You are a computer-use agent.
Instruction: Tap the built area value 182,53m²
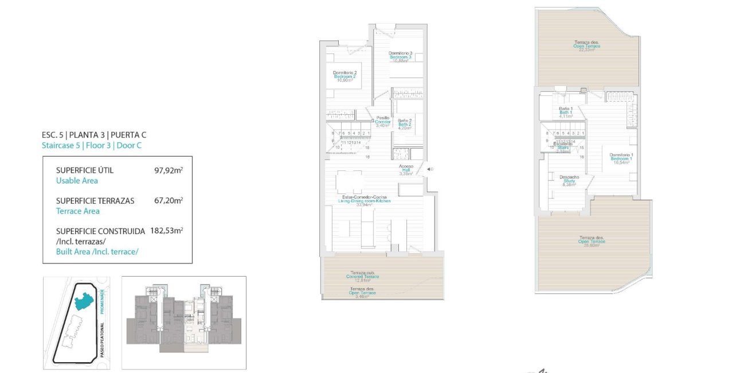166,231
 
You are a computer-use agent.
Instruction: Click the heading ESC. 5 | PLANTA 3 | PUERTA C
94,135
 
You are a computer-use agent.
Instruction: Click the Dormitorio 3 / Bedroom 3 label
401,57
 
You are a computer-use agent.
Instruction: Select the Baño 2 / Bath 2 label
405,124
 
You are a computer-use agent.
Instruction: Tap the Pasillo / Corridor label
382,121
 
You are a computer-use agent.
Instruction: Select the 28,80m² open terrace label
592,242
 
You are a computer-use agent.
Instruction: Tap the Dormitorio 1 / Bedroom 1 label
621,159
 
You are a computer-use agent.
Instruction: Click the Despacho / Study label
569,181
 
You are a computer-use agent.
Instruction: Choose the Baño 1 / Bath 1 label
566,112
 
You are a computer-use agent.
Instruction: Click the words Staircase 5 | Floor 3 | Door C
92,146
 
